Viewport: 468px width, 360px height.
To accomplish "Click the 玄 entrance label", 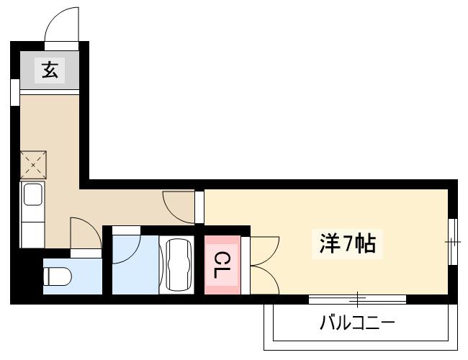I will [49, 71].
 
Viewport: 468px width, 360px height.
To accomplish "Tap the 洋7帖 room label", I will [347, 245].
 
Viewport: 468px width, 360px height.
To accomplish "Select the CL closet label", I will [221, 266].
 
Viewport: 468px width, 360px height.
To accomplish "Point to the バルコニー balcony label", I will [357, 322].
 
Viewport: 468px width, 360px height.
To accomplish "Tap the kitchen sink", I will [33, 195].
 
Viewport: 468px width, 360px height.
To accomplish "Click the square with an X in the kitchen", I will [33, 164].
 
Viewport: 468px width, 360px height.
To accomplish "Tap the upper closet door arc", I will [264, 249].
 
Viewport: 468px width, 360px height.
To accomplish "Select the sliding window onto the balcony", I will [357, 298].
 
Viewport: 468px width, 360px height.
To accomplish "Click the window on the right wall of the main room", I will [452, 242].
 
